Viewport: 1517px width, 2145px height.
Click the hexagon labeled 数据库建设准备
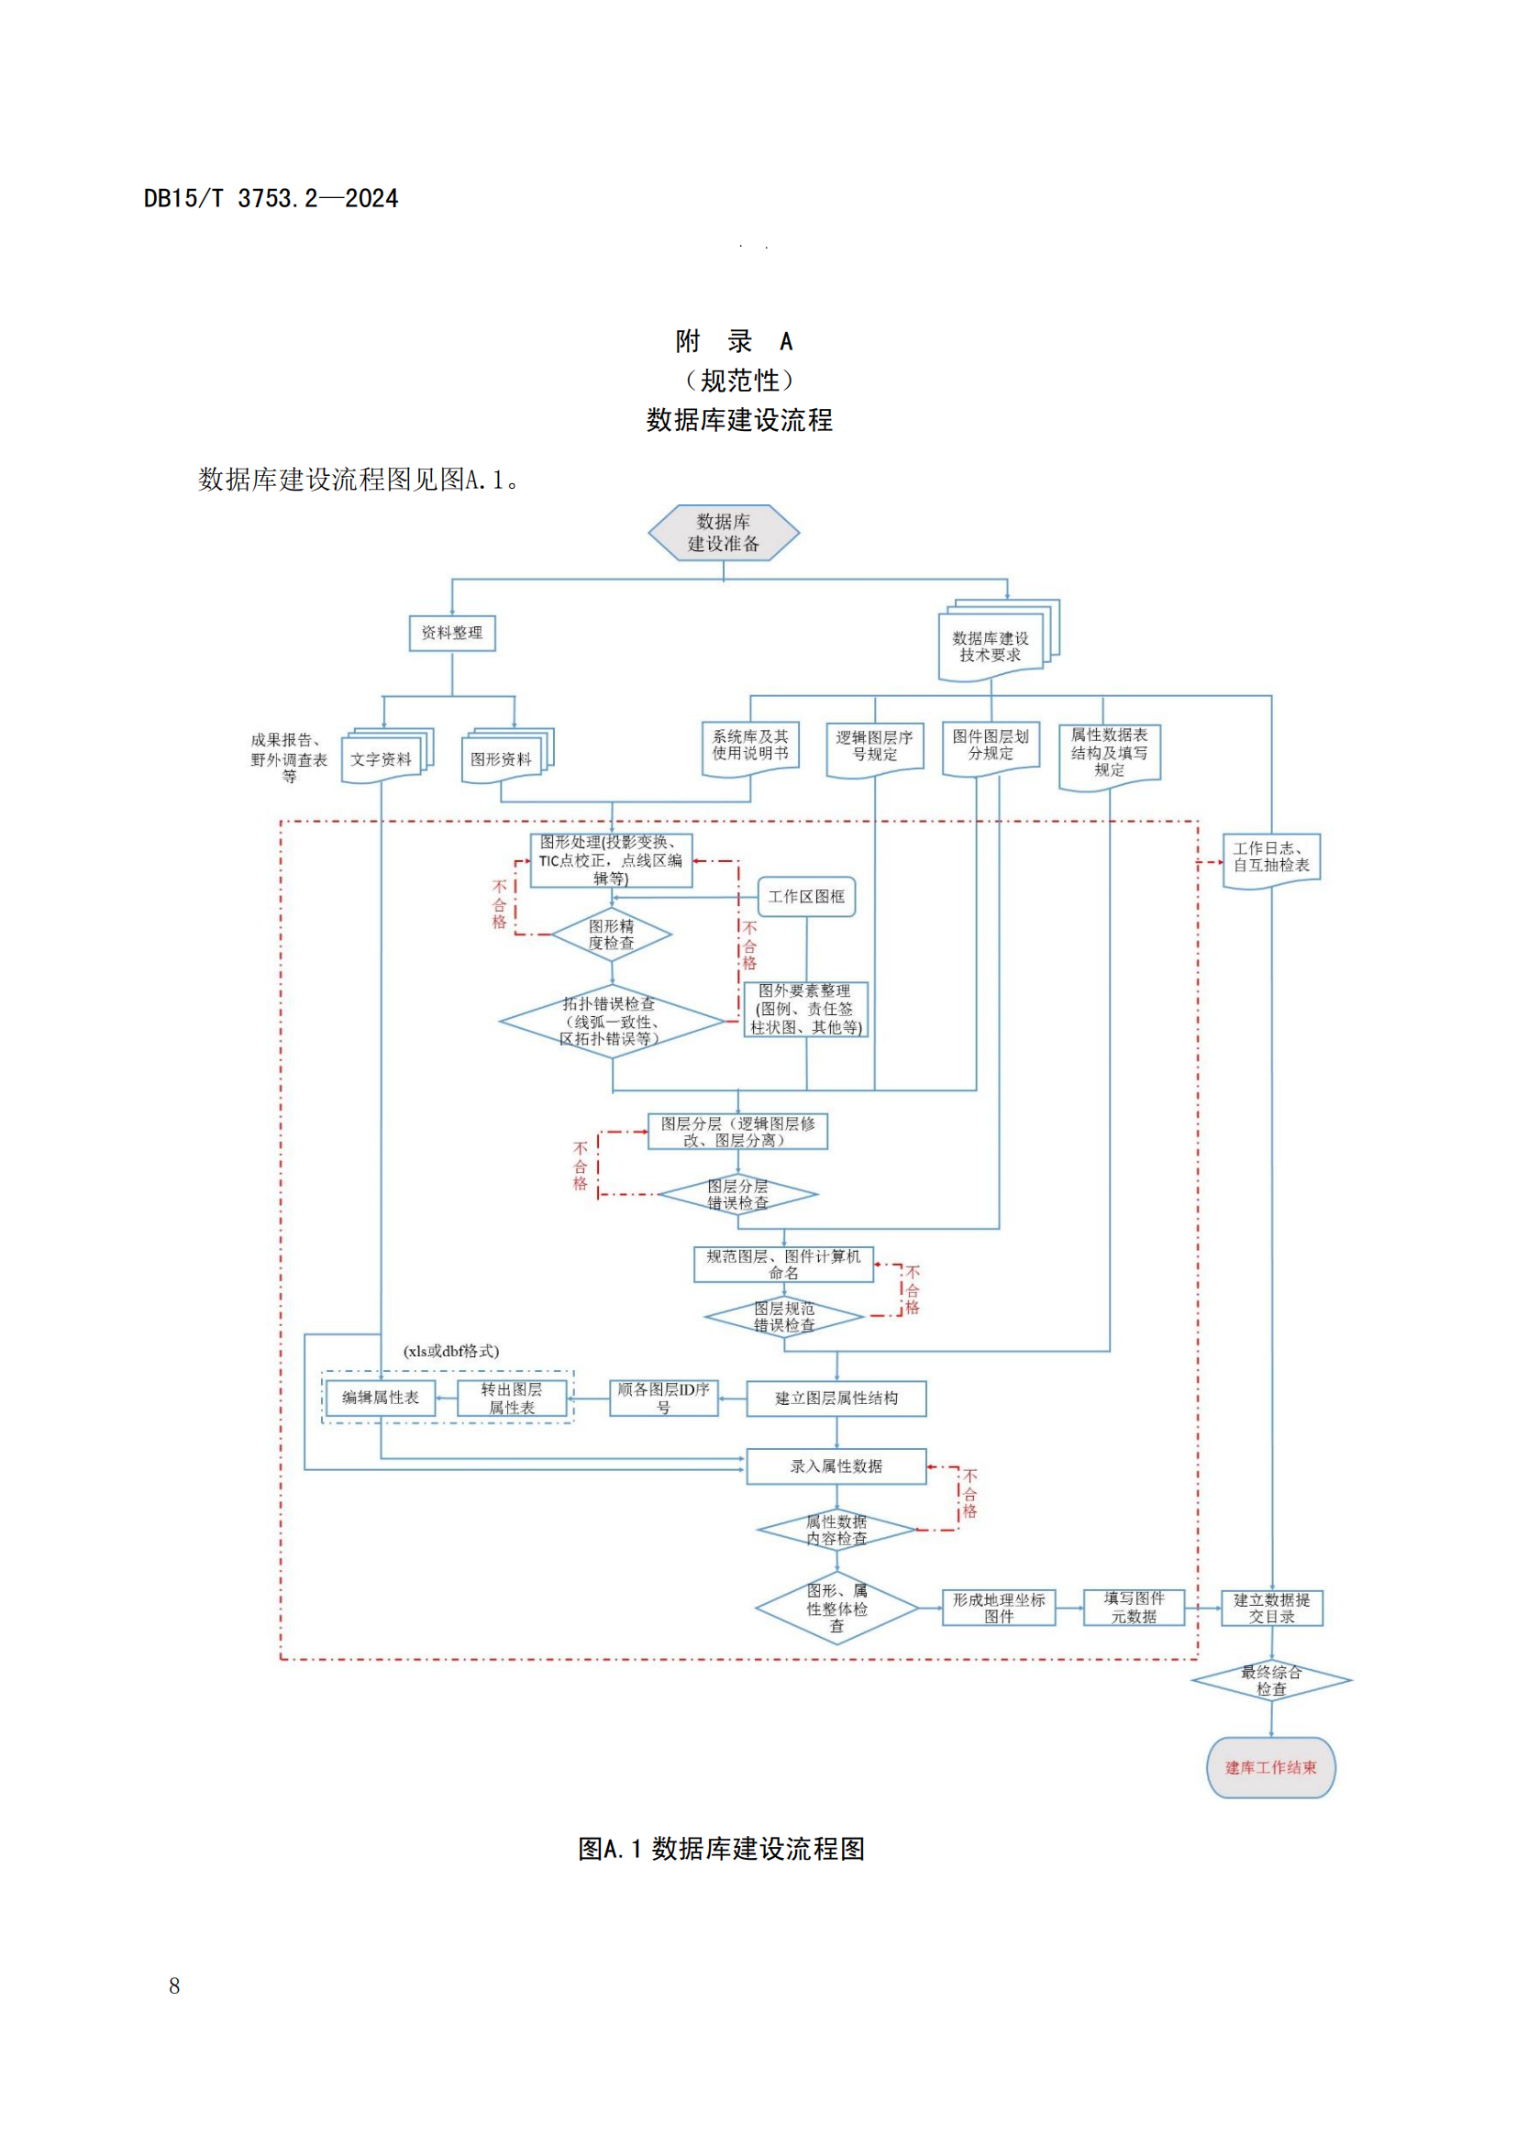(723, 533)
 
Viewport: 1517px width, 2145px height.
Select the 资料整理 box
(452, 634)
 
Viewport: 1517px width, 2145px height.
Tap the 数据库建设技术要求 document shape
(992, 647)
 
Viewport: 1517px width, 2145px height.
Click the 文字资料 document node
(382, 758)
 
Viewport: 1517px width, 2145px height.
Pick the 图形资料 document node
(503, 758)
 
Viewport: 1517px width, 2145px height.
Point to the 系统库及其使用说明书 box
(750, 746)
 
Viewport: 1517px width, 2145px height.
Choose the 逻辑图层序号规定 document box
(874, 747)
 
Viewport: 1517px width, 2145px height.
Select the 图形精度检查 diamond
(612, 934)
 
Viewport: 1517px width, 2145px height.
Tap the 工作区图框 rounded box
(806, 897)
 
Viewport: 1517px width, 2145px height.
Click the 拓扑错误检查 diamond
(612, 1021)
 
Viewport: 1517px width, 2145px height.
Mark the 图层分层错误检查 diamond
(738, 1195)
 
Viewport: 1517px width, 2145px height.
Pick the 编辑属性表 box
(382, 1398)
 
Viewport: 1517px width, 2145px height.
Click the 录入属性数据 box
(836, 1465)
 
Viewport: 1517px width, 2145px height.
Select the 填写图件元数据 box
(1134, 1608)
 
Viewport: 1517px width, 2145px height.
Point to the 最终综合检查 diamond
(1270, 1681)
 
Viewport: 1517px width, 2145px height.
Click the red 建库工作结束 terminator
(1270, 1767)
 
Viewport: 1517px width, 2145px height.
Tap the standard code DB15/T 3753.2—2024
(271, 198)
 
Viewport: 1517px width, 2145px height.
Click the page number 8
(174, 1986)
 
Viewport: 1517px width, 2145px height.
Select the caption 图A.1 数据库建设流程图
(721, 1849)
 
